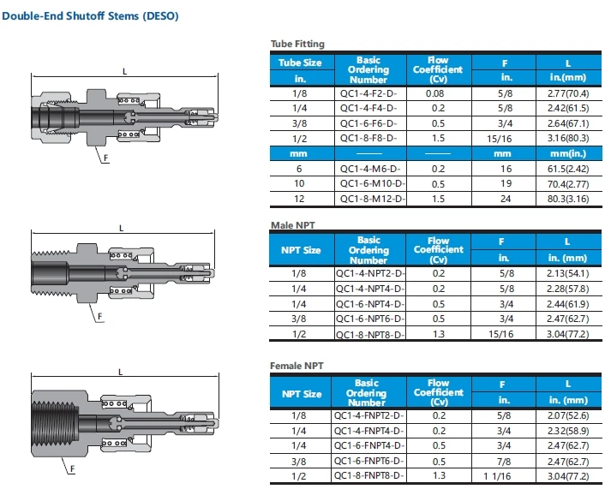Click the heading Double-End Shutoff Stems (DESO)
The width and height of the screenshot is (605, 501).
pos(91,17)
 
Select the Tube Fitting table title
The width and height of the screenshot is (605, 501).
pos(297,44)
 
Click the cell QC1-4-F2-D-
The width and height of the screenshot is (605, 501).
pos(368,92)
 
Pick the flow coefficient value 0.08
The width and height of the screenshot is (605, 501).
pos(438,92)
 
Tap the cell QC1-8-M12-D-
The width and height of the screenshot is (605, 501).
pos(371,199)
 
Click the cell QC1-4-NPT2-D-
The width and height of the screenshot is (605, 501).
pos(371,275)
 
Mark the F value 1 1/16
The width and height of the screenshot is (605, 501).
pos(504,475)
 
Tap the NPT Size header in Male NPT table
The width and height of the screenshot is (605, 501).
pos(301,250)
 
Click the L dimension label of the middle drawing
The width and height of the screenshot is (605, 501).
pos(121,227)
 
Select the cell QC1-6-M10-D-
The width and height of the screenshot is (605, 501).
pos(371,184)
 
